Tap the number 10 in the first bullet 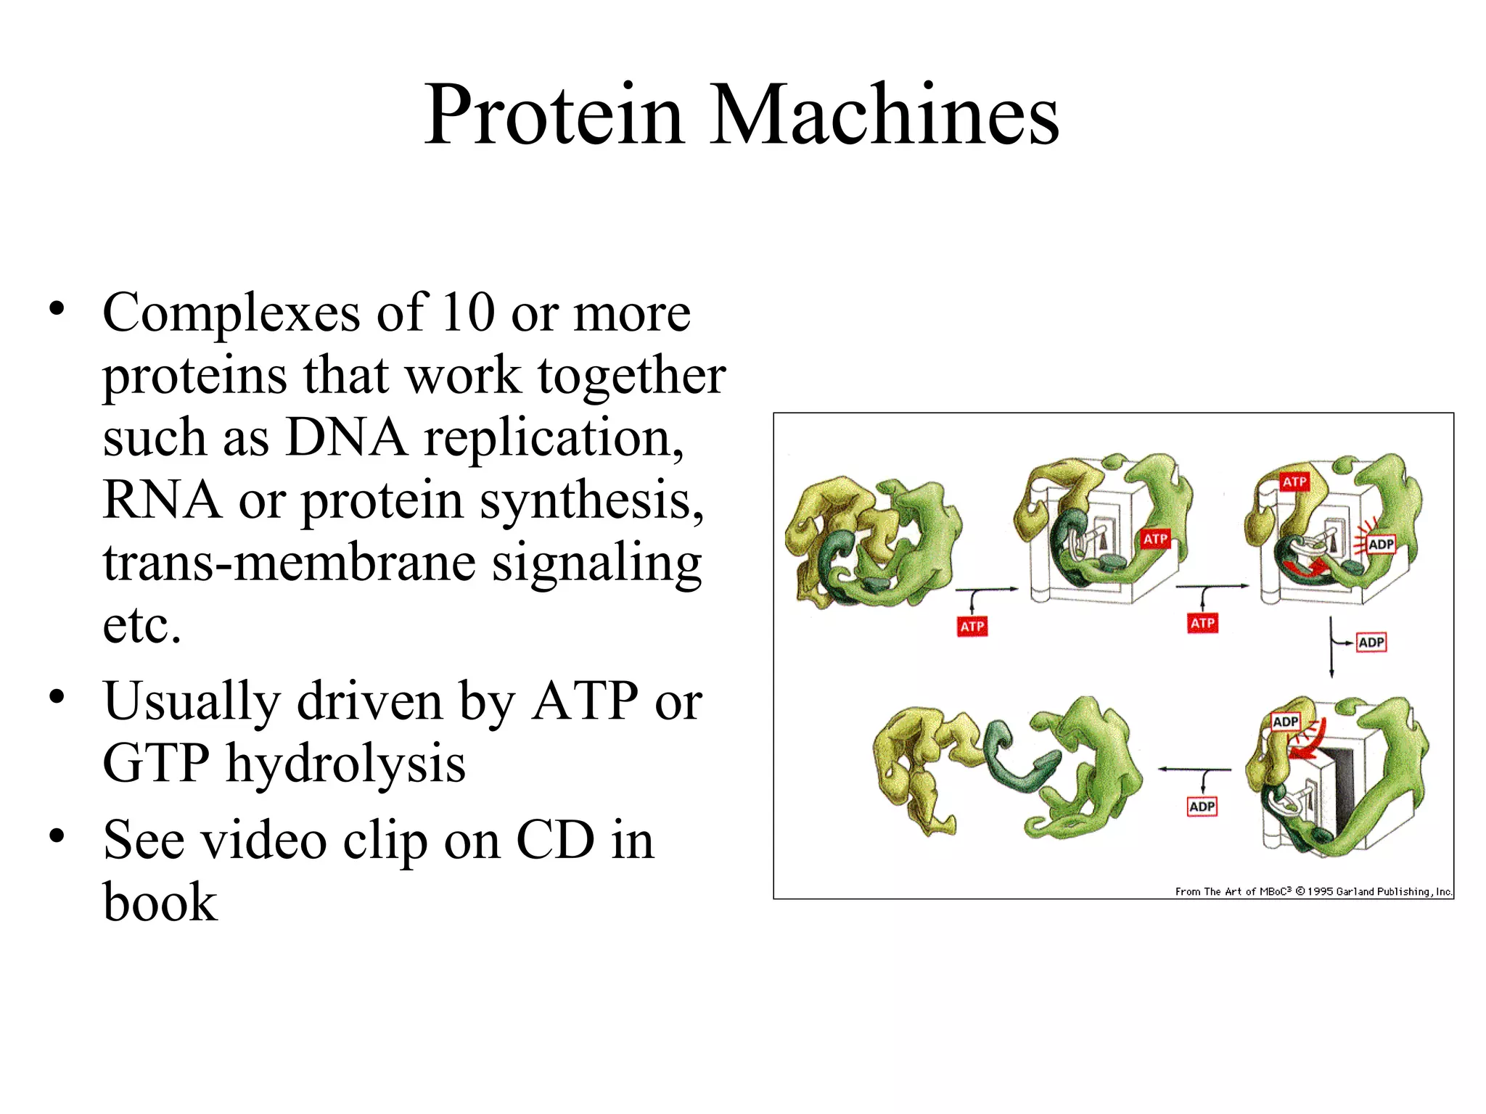pos(468,313)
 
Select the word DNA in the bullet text pos(345,438)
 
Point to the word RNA pos(162,500)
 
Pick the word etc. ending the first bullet pos(141,625)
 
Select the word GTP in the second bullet pos(156,764)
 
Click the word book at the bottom pos(160,903)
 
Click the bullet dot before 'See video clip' pos(57,836)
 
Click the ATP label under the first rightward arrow pos(972,627)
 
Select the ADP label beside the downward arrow pos(1371,643)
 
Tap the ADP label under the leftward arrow pos(1202,806)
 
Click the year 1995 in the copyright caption pos(1321,891)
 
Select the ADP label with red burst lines pos(1381,544)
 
